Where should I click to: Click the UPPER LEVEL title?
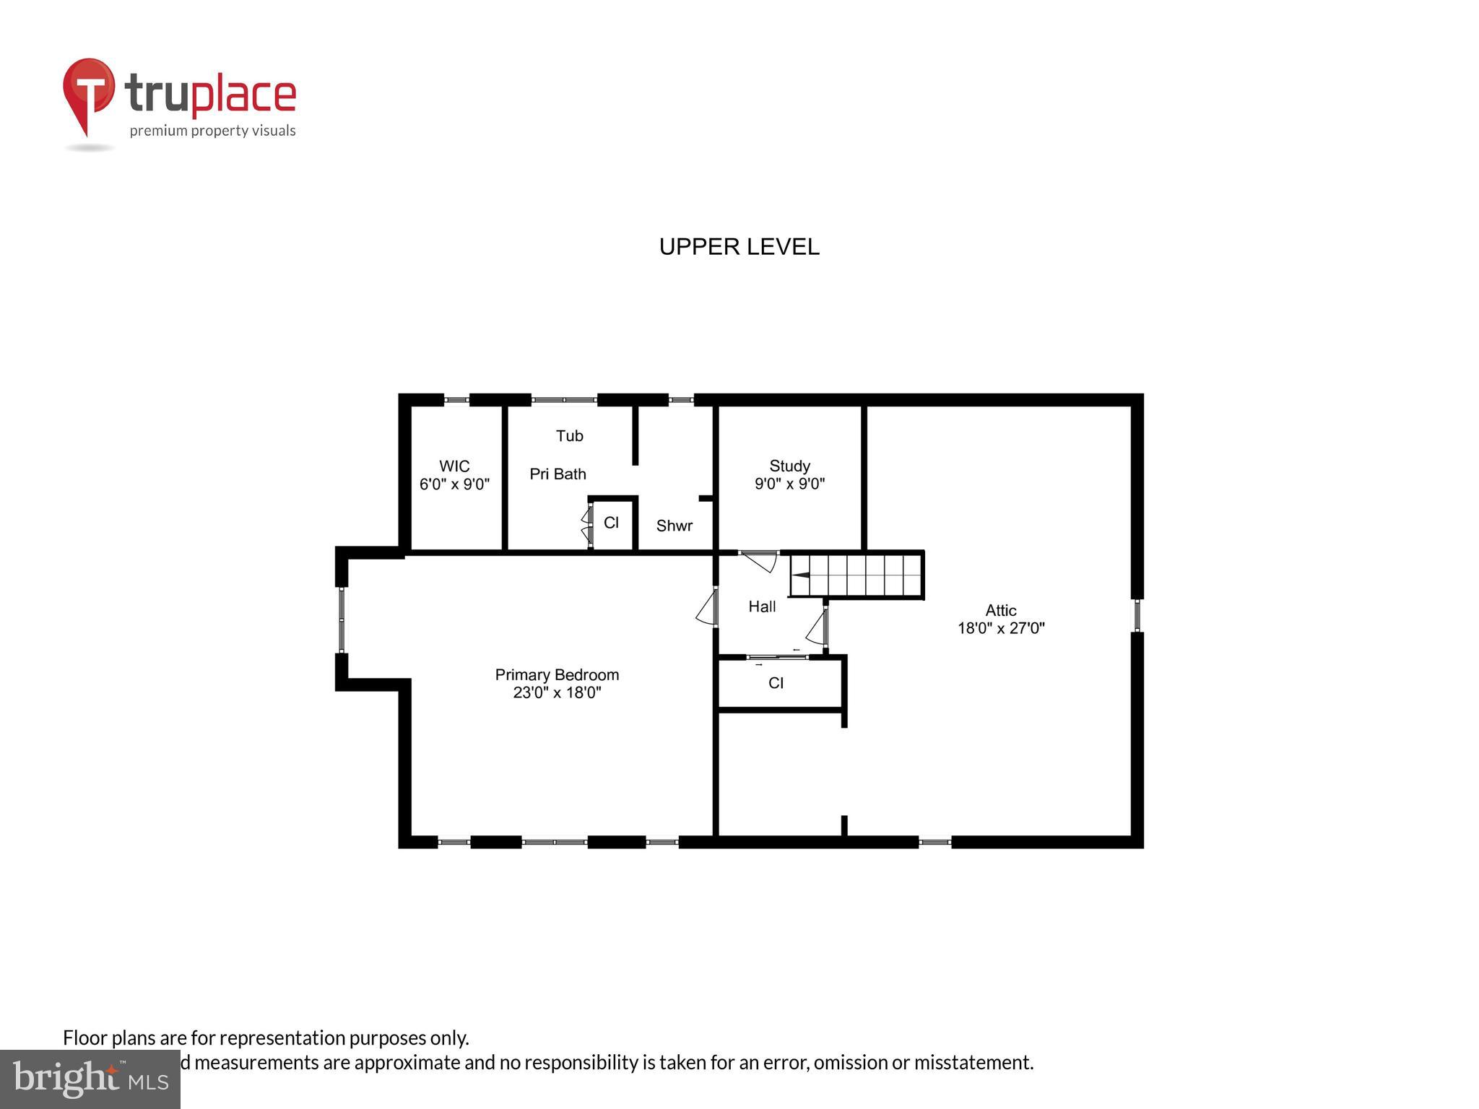click(739, 247)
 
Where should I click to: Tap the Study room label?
click(789, 466)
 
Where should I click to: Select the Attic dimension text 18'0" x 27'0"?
click(1001, 628)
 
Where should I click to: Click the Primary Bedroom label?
click(557, 674)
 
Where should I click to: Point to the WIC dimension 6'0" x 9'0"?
click(454, 484)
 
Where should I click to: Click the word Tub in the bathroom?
click(569, 435)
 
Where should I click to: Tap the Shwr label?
click(674, 526)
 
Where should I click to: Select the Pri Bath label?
click(558, 474)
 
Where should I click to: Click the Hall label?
click(762, 606)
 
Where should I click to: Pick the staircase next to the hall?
click(856, 575)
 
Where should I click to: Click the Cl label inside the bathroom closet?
click(611, 523)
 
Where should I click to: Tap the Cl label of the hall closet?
click(776, 683)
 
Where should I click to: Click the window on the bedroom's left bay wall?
click(342, 619)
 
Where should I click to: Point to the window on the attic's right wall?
click(1137, 615)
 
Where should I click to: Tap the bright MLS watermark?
click(90, 1079)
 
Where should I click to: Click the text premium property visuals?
click(212, 131)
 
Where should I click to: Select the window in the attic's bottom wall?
click(934, 841)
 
